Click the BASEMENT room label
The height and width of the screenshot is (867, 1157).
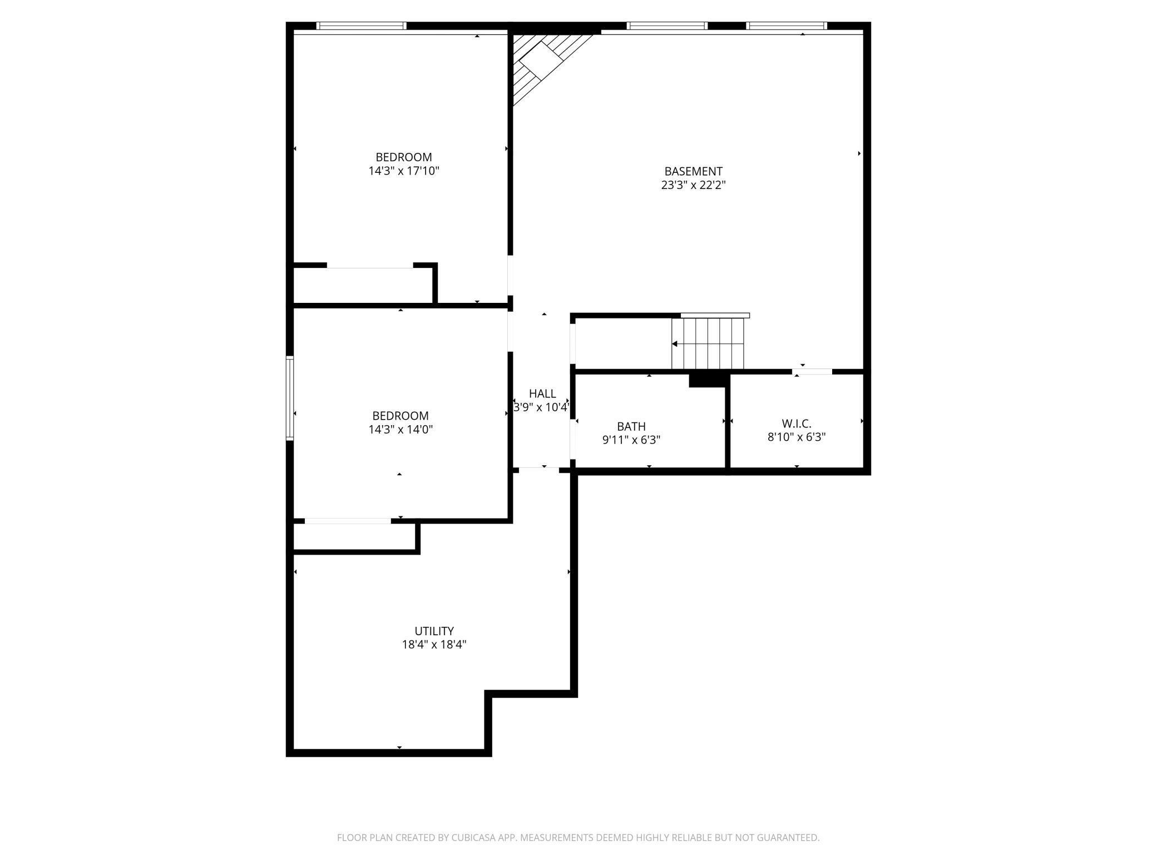[693, 171]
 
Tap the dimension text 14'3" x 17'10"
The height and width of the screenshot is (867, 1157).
[404, 171]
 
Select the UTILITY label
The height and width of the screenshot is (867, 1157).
[434, 631]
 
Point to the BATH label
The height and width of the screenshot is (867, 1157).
[631, 426]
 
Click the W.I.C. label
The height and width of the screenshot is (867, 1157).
[796, 423]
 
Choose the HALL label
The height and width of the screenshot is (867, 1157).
[542, 393]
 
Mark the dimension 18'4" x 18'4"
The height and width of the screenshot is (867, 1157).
[434, 645]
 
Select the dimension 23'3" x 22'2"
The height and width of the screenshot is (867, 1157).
[693, 185]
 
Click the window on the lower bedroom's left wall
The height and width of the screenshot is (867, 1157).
[289, 398]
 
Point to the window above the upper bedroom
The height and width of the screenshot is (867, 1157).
[361, 26]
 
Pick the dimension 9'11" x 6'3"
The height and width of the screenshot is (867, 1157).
[631, 440]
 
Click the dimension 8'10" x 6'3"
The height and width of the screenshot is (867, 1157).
[796, 437]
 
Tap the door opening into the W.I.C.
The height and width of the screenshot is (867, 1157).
[812, 371]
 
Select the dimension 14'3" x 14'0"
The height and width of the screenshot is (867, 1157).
[400, 430]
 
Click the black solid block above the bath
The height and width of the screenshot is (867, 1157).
[708, 380]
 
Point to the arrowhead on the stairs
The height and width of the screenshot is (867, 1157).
[675, 344]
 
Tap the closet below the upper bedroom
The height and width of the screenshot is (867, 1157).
[363, 286]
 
